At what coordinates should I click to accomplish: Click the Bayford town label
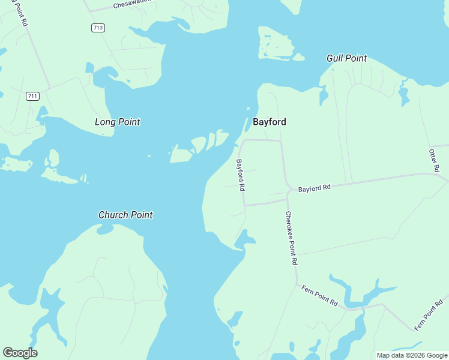coord(269,122)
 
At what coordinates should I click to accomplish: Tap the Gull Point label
coord(346,58)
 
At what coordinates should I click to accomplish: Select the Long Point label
coord(117,122)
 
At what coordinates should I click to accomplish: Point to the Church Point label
coord(125,215)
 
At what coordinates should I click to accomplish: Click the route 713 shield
coord(98,28)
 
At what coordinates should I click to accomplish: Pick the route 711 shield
coord(32,96)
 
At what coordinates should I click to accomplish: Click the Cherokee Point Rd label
coord(291,238)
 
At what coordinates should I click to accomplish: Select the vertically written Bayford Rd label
coord(240,175)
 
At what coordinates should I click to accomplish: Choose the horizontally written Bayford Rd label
coord(315,188)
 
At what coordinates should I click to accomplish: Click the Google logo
coord(20,353)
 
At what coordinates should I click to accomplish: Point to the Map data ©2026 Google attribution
coord(411,355)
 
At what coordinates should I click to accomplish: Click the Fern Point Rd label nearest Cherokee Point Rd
coord(319,295)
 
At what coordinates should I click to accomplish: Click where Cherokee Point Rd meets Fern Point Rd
coord(297,284)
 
